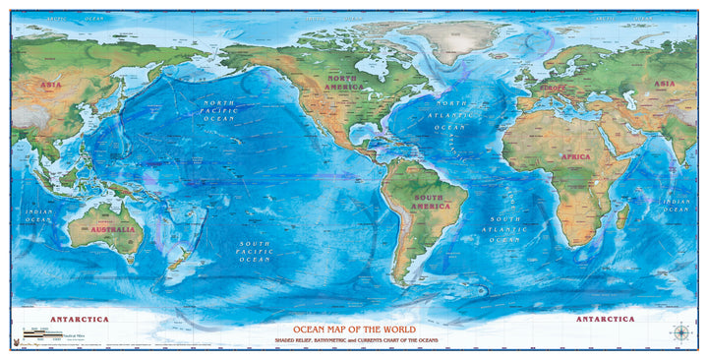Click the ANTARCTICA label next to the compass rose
(x=604, y=320)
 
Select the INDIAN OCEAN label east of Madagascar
(x=676, y=204)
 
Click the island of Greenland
(x=454, y=39)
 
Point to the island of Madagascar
(x=621, y=213)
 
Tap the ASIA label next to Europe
(x=667, y=85)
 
